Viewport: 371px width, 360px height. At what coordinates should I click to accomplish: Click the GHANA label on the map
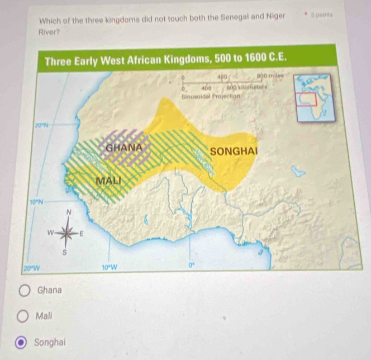(x=123, y=148)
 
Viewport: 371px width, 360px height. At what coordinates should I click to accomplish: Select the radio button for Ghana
(x=25, y=291)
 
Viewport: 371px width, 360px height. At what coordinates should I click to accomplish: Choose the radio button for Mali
(x=25, y=317)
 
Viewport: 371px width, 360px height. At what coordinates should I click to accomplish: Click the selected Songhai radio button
(x=25, y=342)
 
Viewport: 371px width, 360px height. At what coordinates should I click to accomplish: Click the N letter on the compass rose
(x=69, y=212)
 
